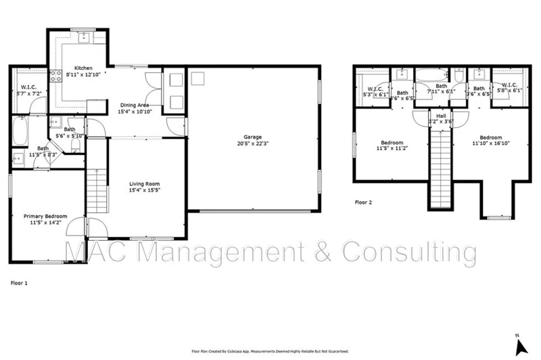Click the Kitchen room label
(83, 68)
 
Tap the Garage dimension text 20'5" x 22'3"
(254, 143)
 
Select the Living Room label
(145, 183)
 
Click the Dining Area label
(135, 105)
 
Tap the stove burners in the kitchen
(55, 76)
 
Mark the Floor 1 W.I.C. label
(28, 87)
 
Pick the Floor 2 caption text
(363, 202)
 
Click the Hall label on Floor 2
(441, 116)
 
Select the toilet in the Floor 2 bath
(460, 74)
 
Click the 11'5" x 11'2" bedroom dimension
(392, 148)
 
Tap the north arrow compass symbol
(520, 344)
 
